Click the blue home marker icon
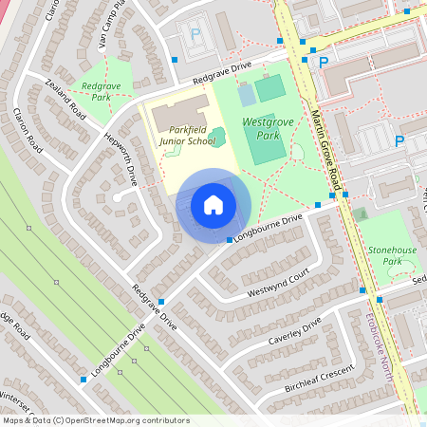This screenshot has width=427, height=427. pyautogui.click(x=213, y=205)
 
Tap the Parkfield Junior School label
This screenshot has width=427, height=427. pyautogui.click(x=185, y=135)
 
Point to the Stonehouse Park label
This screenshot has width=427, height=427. pyautogui.click(x=391, y=255)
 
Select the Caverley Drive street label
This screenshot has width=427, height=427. pyautogui.click(x=296, y=333)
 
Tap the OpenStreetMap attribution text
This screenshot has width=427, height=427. pyautogui.click(x=95, y=419)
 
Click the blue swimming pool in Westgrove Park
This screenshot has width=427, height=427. pyautogui.click(x=247, y=95)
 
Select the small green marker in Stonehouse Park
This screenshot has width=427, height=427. pyautogui.click(x=361, y=213)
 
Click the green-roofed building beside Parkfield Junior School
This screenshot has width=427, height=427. pyautogui.click(x=218, y=137)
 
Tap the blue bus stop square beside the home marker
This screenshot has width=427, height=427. pyautogui.click(x=230, y=240)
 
